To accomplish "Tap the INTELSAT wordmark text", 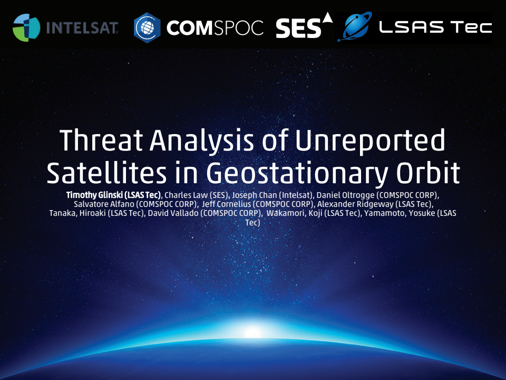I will pyautogui.click(x=82, y=27).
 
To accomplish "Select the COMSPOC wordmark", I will pyautogui.click(x=215, y=28).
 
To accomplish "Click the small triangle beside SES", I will pyautogui.click(x=327, y=18).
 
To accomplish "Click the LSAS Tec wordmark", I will pyautogui.click(x=435, y=27).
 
